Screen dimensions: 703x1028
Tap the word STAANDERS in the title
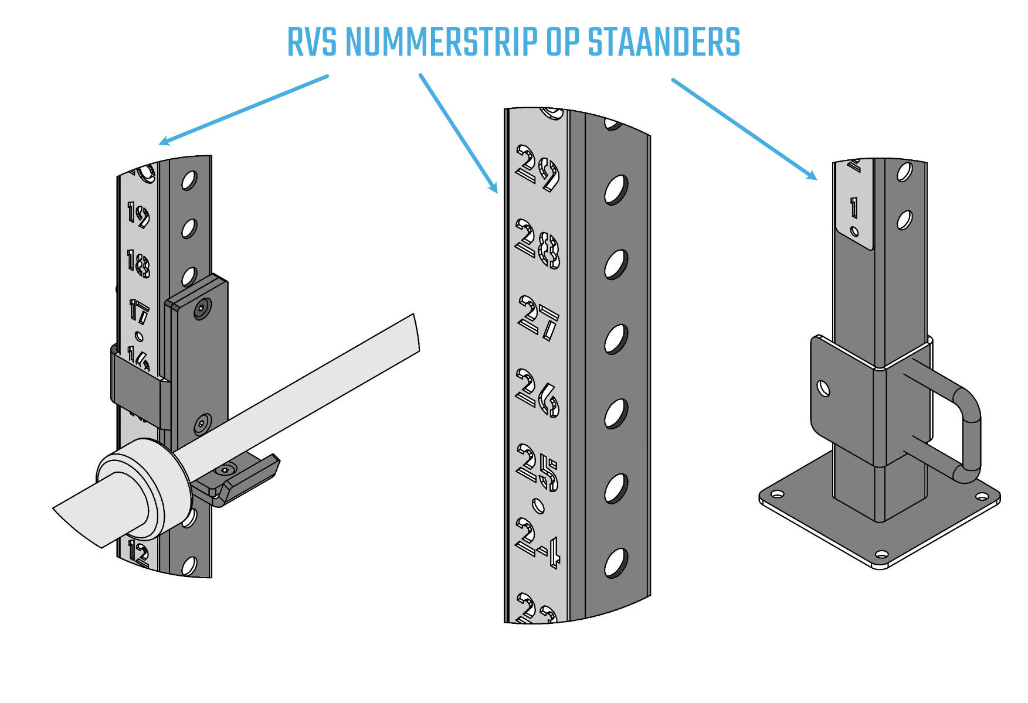pos(663,42)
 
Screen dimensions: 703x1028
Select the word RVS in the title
pos(311,42)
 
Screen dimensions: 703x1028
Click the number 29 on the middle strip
pos(537,169)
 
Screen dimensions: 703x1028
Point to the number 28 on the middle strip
pos(537,244)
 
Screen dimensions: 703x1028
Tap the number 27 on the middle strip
pos(538,318)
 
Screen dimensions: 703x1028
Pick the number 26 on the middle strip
pos(537,393)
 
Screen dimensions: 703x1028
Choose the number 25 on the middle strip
pos(537,467)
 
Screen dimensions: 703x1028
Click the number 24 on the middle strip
pos(537,542)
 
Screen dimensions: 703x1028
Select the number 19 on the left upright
pos(138,215)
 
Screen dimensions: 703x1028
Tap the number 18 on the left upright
pos(138,263)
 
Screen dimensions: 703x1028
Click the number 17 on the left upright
pos(138,312)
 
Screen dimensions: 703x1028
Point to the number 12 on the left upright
pos(138,554)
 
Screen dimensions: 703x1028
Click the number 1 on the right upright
pos(854,207)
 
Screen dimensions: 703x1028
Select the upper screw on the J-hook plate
pos(203,308)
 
